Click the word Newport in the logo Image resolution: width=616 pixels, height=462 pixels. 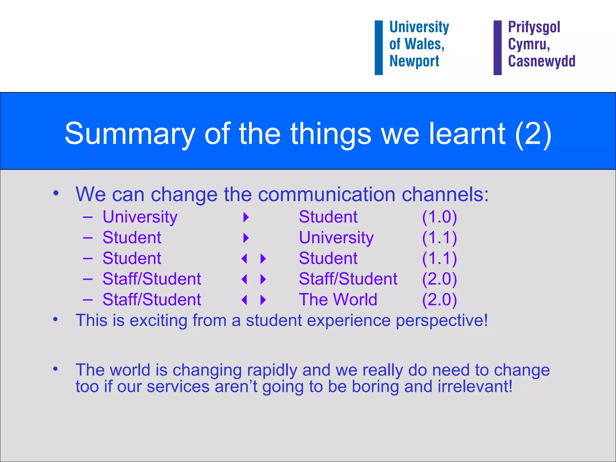(414, 61)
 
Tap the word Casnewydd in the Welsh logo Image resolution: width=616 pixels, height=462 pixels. (541, 61)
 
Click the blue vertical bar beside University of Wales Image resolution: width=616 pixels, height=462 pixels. (378, 48)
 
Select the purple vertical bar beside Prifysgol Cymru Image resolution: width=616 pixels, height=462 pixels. (497, 48)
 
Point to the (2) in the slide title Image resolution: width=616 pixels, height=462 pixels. (533, 134)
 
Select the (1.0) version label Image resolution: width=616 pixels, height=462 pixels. (439, 217)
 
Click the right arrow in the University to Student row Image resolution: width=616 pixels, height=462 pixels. (246, 217)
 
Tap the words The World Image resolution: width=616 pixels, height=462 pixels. (338, 300)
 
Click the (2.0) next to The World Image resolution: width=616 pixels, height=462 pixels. (439, 300)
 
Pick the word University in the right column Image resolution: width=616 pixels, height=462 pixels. (336, 238)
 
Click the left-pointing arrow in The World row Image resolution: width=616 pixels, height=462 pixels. (244, 300)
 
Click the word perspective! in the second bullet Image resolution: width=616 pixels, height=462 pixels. (442, 321)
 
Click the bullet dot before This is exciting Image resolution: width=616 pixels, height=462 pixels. (55, 319)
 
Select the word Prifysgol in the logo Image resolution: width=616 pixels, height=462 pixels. (534, 27)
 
